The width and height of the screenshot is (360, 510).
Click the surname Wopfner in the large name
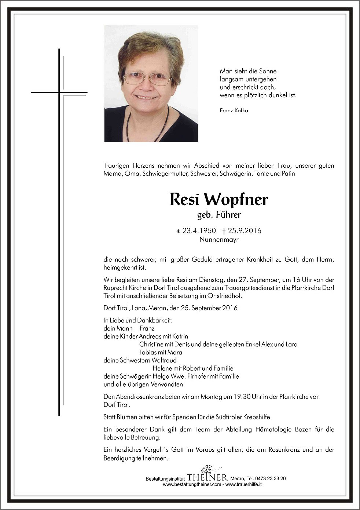[236, 200]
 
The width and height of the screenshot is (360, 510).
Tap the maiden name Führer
[228, 215]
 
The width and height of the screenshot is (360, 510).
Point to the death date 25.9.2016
[245, 231]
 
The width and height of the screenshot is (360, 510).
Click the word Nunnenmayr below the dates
[219, 240]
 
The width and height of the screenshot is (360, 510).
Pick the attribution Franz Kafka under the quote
[234, 110]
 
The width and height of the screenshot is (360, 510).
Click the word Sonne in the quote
[268, 71]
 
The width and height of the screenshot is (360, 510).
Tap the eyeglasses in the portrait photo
[147, 78]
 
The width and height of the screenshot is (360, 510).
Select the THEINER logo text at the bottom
[207, 478]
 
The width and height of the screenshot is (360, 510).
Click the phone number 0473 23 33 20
[271, 478]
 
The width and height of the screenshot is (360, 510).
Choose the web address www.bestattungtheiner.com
[192, 484]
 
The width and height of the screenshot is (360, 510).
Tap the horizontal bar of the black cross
[59, 92]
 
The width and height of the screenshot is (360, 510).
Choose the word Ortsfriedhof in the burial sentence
[225, 296]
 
